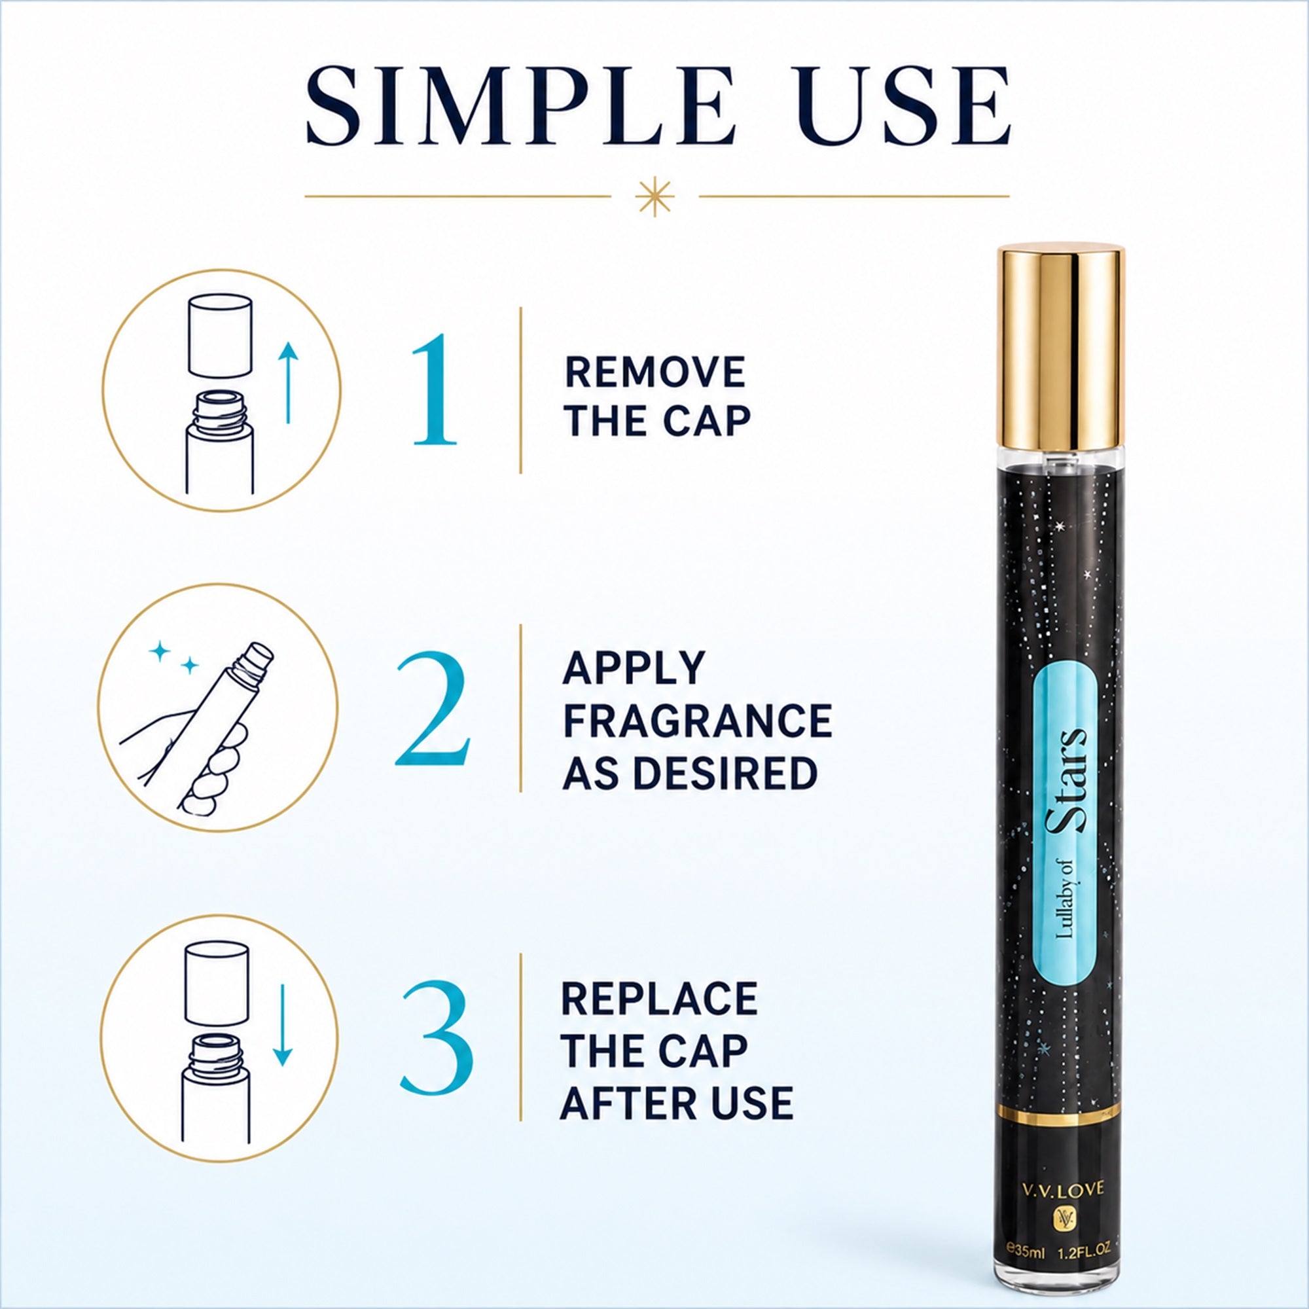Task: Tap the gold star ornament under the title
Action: tap(655, 197)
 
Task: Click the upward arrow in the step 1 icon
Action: tap(289, 383)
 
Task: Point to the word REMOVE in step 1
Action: tap(655, 372)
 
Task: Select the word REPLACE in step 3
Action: tap(659, 998)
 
